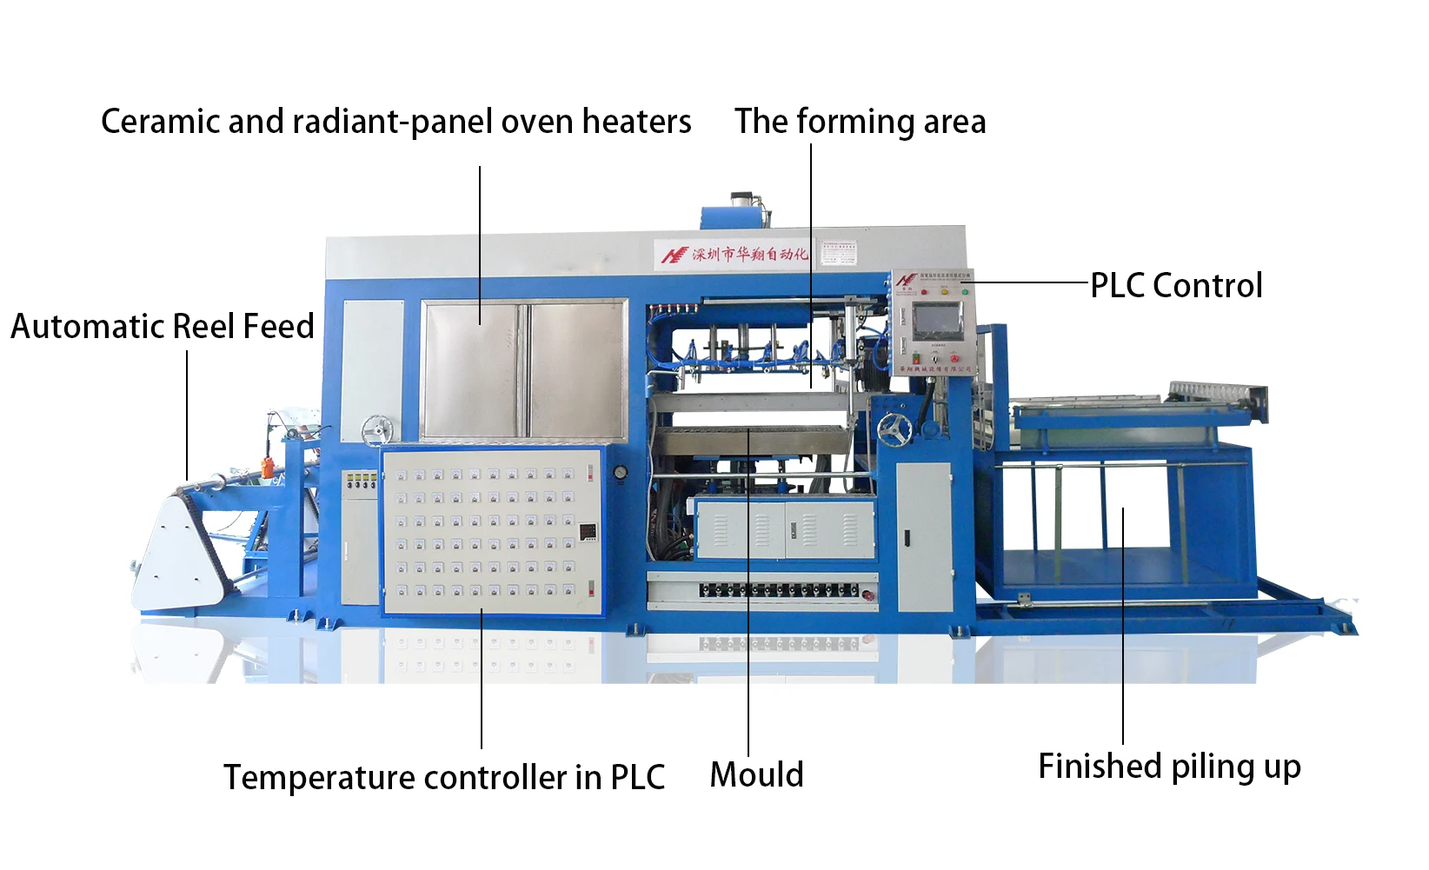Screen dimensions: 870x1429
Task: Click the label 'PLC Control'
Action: point(1176,285)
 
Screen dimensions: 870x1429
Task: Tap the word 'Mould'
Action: point(756,774)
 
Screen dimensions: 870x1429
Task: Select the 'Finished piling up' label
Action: point(1169,767)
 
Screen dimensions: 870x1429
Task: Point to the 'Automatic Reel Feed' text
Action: point(163,327)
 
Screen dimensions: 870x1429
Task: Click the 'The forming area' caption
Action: point(860,122)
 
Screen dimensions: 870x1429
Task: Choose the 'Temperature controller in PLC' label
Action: point(443,777)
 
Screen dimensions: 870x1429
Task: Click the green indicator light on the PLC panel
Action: point(965,292)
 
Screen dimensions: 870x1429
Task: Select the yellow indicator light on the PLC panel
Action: point(945,292)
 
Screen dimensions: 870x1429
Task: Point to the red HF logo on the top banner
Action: point(674,255)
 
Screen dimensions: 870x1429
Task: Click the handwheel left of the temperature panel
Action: point(377,428)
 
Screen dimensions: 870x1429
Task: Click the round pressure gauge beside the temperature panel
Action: point(619,472)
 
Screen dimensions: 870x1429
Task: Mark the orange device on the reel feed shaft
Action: point(269,465)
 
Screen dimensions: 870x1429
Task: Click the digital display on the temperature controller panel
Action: point(588,530)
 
